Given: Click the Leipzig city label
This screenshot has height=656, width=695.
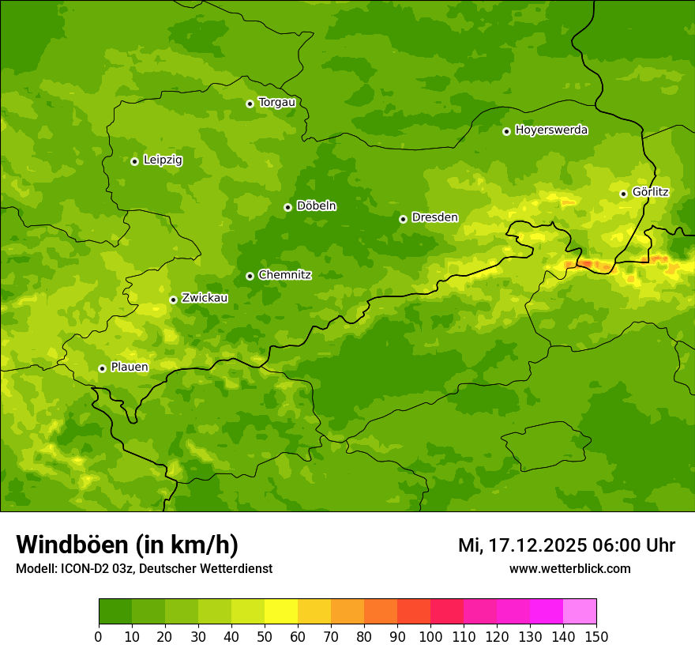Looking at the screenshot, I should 163,160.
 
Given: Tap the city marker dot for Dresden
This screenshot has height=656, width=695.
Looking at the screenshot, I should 403,219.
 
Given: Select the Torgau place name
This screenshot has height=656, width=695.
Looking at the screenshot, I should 276,102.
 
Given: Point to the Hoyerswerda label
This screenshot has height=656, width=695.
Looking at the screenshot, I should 551,130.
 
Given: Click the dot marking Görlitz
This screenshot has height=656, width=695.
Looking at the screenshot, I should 623,194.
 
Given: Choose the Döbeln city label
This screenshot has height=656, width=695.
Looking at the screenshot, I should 316,205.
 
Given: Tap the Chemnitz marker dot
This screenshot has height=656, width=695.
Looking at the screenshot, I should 250,276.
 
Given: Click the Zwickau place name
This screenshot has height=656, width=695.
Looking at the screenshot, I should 205,298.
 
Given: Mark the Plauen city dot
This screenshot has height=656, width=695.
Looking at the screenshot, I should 102,368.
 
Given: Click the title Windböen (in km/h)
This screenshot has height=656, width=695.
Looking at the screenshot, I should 127,545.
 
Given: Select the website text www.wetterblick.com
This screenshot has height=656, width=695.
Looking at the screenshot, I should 569,569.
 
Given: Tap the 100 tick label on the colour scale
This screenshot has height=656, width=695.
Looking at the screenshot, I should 430,637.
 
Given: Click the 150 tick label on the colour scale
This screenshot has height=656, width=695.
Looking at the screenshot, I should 596,637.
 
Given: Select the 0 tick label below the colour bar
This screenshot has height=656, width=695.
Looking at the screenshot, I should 99,637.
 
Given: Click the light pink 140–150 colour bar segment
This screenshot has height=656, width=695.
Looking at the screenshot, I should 580,612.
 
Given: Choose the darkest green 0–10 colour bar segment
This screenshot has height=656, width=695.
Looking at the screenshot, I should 115,612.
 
